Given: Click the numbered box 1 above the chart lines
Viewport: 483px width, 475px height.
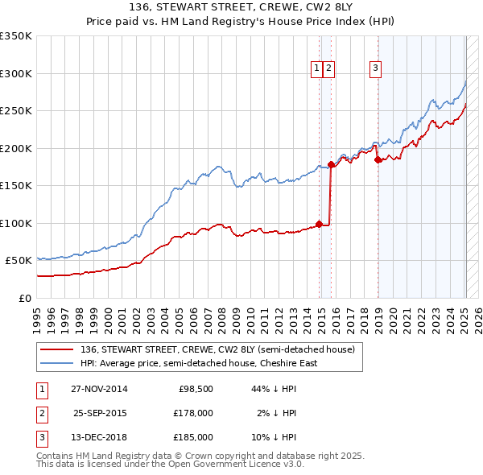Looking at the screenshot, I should [x=318, y=69].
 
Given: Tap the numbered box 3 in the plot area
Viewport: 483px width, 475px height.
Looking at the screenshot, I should [x=375, y=69].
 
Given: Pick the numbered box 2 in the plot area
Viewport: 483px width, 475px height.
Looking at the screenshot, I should [x=330, y=69].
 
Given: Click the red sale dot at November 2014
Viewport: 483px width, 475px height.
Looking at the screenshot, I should [x=320, y=224].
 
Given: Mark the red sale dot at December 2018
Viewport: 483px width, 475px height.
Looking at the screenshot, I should [x=378, y=159].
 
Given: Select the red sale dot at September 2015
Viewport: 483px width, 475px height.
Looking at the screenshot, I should [x=331, y=165].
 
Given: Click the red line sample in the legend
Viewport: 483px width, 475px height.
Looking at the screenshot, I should [x=57, y=349].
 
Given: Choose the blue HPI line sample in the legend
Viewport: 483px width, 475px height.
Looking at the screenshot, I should [x=57, y=363].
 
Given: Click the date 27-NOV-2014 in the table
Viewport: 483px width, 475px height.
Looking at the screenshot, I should [x=99, y=390].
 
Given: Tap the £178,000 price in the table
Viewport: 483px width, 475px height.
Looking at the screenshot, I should [x=193, y=413].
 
